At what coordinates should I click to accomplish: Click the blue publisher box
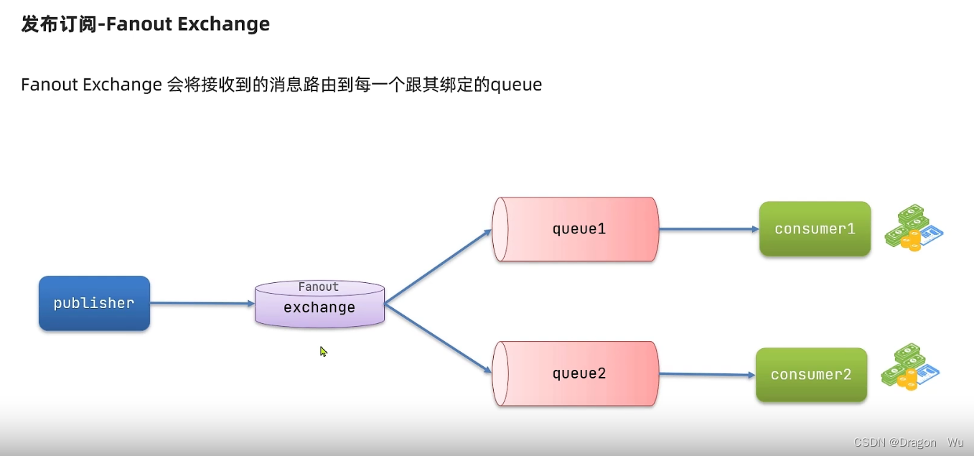94,303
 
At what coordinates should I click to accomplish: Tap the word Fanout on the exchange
318,287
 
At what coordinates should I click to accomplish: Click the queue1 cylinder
576,229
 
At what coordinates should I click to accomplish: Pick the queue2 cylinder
576,373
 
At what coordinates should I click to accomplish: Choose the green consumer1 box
815,229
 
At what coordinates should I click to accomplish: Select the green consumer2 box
811,375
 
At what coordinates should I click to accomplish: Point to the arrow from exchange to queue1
438,266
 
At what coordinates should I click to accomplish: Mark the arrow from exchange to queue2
438,338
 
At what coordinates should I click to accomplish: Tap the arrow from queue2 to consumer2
706,374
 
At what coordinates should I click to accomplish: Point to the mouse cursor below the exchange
323,351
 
